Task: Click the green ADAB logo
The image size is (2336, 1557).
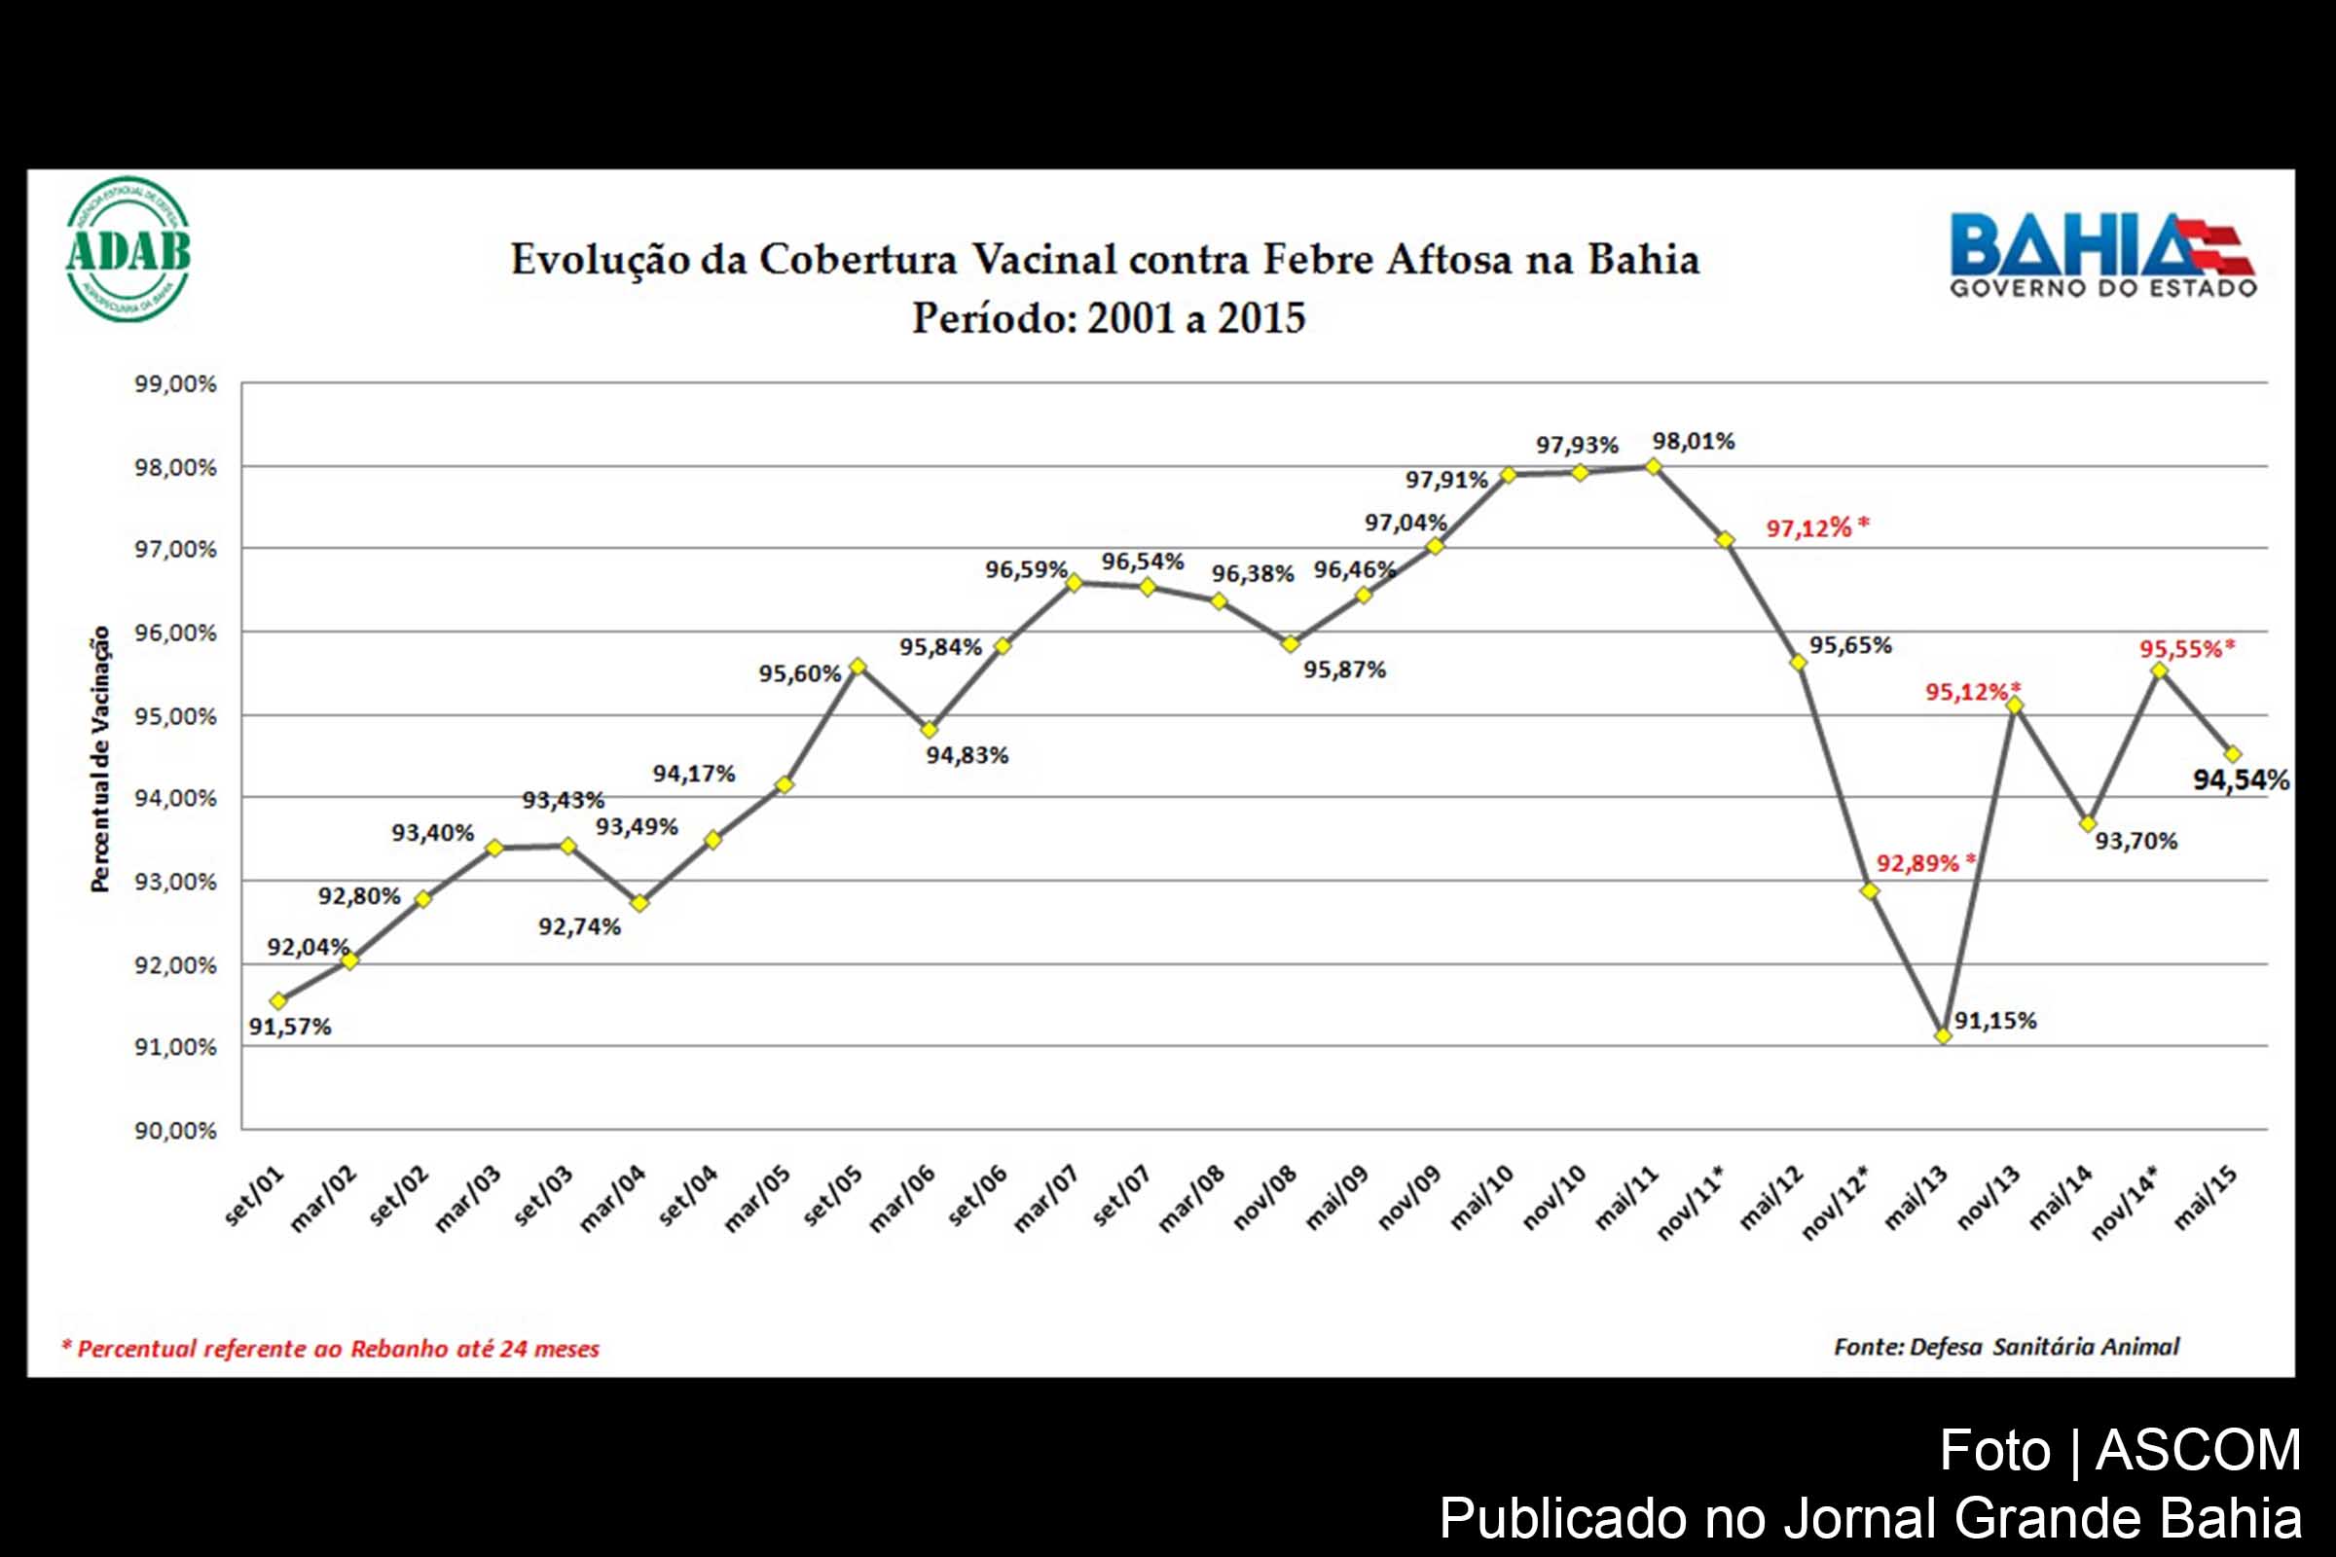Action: pos(128,249)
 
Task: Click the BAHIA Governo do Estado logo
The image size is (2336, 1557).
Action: pos(2102,255)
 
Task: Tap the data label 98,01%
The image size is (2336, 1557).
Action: pos(1693,441)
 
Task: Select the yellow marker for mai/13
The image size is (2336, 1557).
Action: pos(1943,1035)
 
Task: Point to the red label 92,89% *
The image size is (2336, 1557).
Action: pos(1925,863)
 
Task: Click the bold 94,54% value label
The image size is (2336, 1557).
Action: pos(2241,779)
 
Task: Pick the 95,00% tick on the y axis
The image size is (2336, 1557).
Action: pos(176,716)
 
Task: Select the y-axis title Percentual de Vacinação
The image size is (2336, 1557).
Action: pos(100,759)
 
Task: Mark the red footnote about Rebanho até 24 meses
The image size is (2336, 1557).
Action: pos(331,1349)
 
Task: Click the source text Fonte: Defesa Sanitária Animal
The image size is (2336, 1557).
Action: pos(2006,1347)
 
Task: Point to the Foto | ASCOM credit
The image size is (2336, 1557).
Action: pos(2120,1451)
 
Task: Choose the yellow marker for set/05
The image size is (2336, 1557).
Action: pos(858,667)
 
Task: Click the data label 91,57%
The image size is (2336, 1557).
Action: pos(290,1027)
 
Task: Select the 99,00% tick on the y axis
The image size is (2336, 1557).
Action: pos(176,384)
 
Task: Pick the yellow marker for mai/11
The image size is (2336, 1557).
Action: pos(1653,466)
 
